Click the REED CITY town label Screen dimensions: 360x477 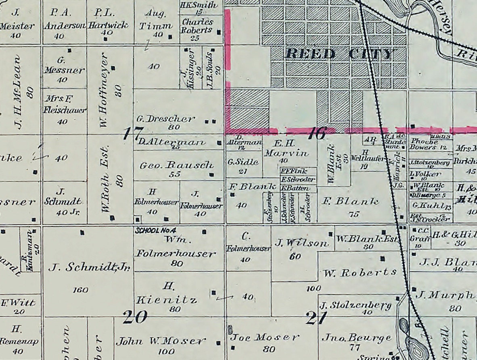point(339,54)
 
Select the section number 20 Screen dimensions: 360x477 point(135,317)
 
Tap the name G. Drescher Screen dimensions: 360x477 point(165,119)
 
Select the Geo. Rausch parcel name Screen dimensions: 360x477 point(176,165)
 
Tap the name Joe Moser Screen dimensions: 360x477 point(265,337)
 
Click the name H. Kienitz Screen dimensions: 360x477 point(167,293)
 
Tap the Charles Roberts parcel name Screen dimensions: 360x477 point(197,26)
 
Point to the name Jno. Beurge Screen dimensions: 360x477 point(356,337)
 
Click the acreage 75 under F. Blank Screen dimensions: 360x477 point(354,214)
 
